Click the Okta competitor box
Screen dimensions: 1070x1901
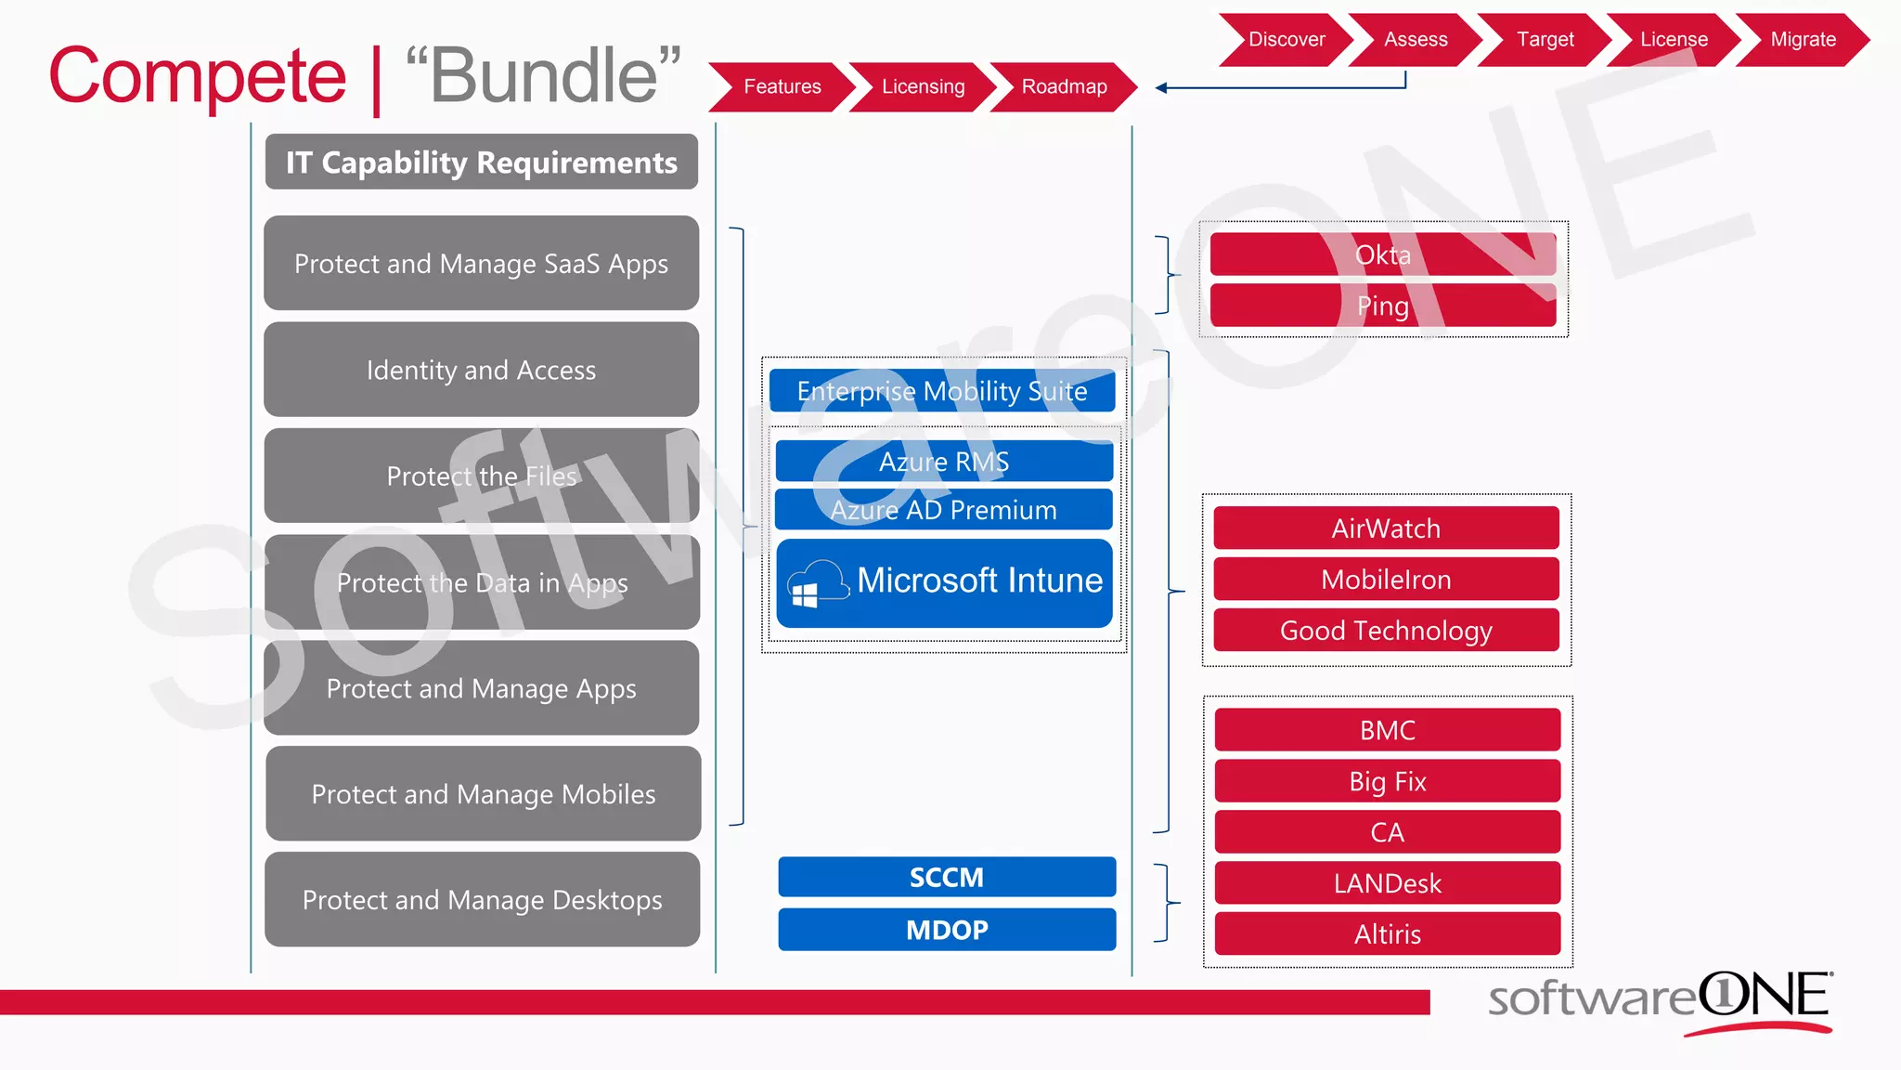(1382, 254)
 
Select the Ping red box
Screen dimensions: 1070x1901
(1382, 306)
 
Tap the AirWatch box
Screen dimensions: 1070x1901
(1386, 528)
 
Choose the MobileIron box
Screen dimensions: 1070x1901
(1386, 580)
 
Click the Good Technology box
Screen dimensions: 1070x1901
(1386, 631)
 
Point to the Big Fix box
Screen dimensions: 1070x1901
(1387, 781)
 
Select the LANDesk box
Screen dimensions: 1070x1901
(1387, 883)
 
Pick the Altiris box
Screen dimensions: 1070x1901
(1387, 934)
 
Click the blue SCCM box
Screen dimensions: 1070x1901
(946, 877)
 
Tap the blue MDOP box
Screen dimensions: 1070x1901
(946, 930)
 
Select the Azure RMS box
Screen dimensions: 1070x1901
(943, 462)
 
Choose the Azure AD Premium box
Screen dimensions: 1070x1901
(943, 510)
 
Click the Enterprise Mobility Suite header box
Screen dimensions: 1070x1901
(941, 391)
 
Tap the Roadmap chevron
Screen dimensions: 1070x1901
(1064, 87)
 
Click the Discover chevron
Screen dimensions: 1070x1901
(1286, 40)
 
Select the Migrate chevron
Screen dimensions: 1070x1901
(1802, 40)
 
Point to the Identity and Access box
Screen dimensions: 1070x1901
(481, 370)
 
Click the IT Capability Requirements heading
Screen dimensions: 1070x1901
(481, 163)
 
